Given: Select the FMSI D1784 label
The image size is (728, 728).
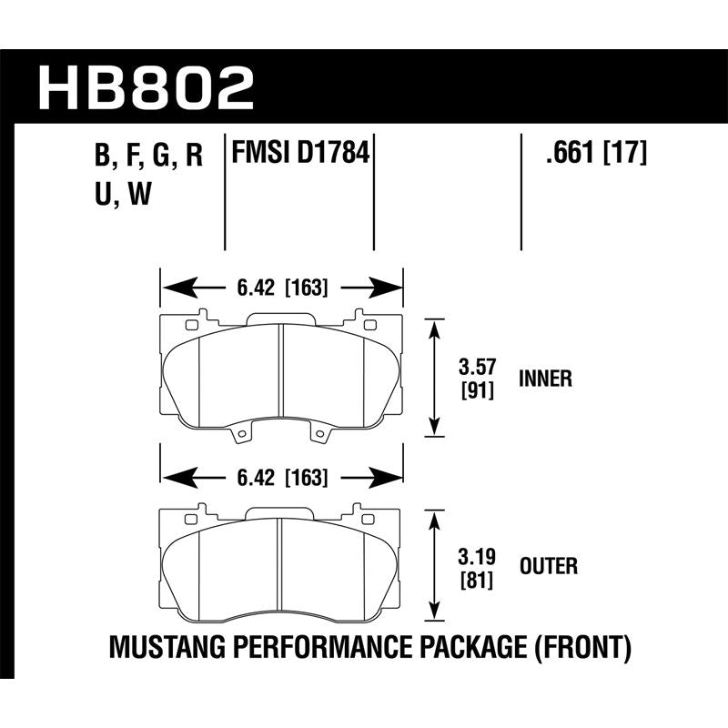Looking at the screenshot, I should point(301,154).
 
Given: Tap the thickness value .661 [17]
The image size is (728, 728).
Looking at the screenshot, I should point(595,155).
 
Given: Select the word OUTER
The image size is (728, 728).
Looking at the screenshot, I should point(547,567).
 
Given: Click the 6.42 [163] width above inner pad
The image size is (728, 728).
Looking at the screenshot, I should point(281,289).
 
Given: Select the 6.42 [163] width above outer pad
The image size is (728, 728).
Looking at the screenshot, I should point(281,476).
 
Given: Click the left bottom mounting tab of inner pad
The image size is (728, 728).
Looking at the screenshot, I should point(242,438).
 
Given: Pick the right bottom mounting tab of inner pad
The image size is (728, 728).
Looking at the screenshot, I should point(320,438).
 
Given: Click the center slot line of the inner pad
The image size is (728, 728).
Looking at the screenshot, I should point(281,373).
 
